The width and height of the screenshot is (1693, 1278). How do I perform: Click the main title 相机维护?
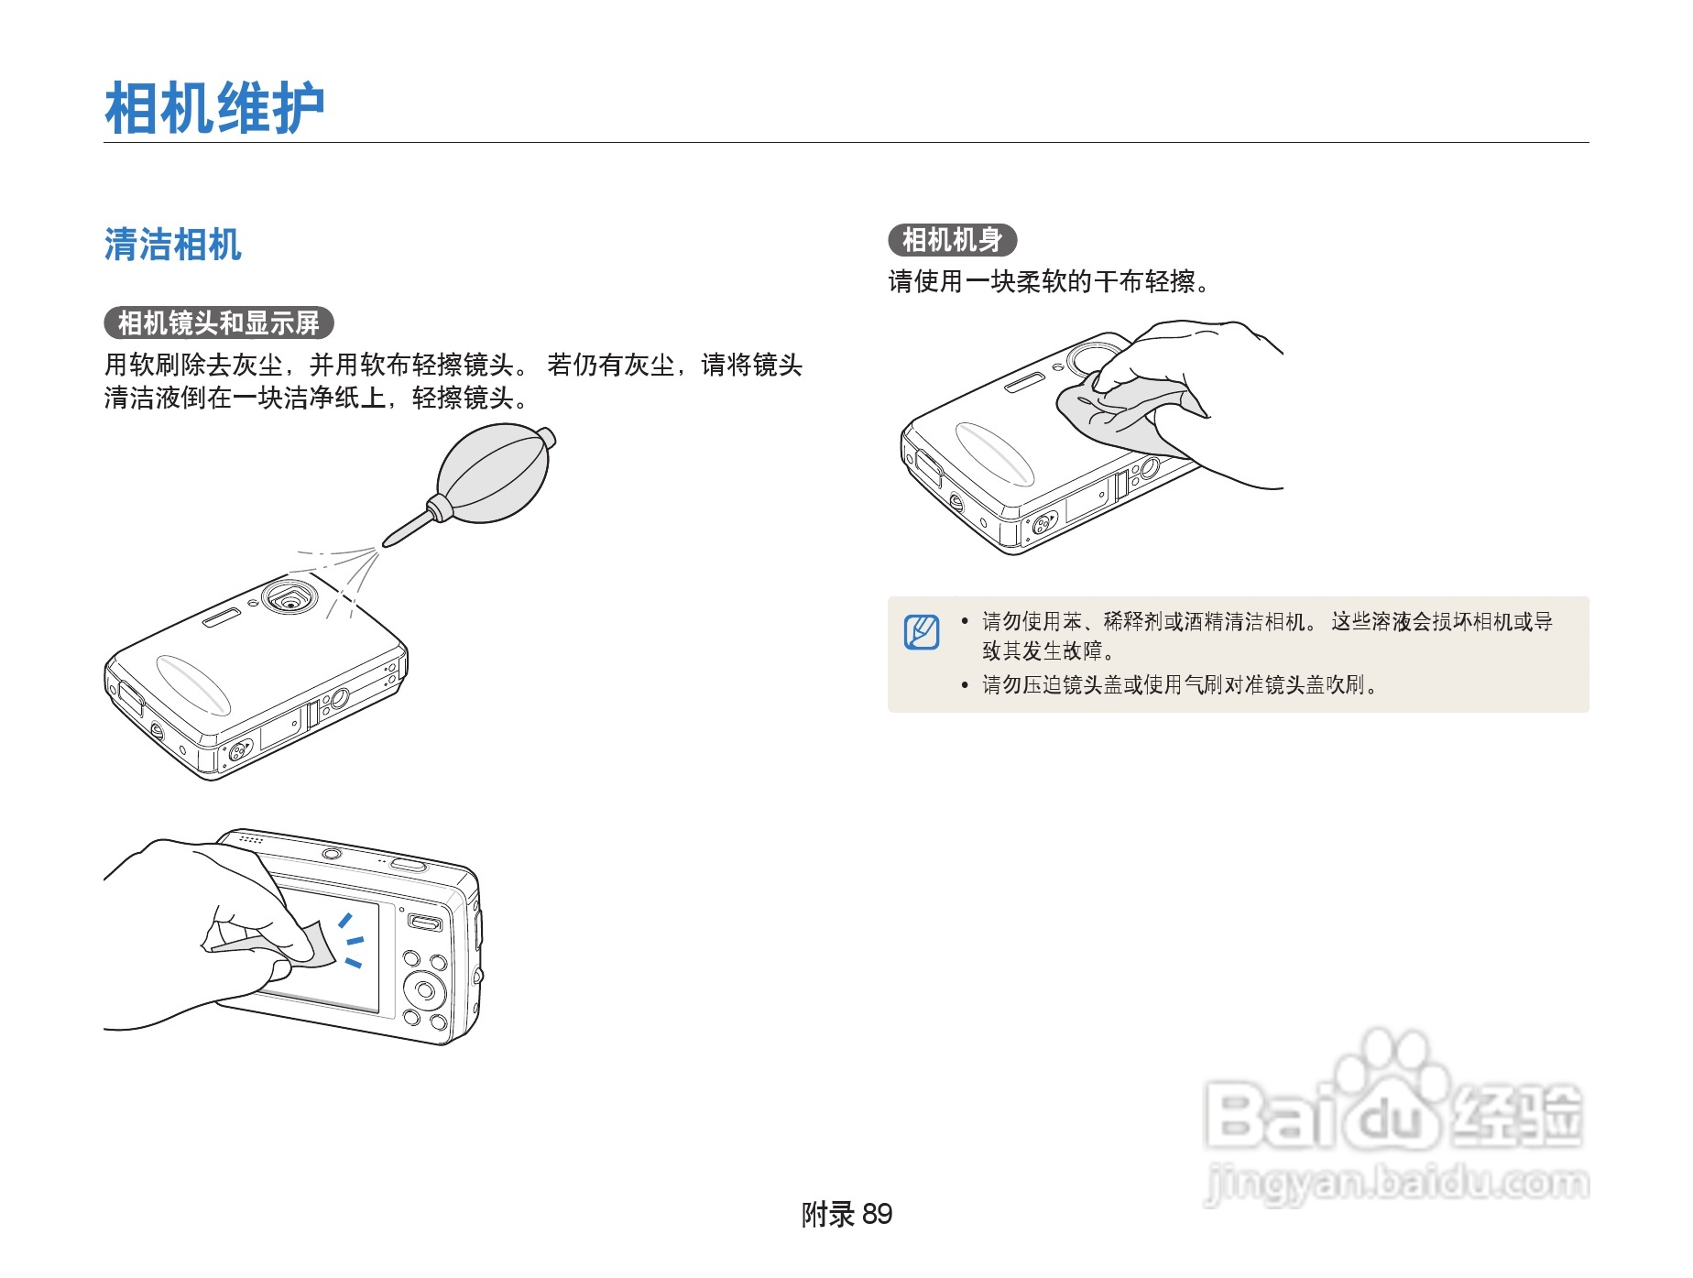click(x=214, y=108)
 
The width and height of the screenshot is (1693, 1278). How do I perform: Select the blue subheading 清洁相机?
click(x=172, y=246)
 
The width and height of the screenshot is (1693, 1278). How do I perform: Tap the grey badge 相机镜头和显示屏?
click(x=219, y=322)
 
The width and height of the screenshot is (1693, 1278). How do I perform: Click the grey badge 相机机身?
click(x=952, y=240)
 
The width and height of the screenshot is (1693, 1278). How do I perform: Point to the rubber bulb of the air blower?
click(x=493, y=475)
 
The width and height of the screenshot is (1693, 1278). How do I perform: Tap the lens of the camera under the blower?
click(x=290, y=601)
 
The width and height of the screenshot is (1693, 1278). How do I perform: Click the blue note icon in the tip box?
click(x=922, y=632)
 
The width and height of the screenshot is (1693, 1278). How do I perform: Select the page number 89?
click(x=877, y=1214)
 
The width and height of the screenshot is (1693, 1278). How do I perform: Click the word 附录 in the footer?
click(x=827, y=1214)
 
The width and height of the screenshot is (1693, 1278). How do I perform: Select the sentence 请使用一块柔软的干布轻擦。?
click(x=1049, y=281)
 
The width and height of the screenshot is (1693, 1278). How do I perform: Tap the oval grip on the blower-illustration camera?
click(x=193, y=684)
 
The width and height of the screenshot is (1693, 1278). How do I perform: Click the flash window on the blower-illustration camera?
click(x=221, y=618)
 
